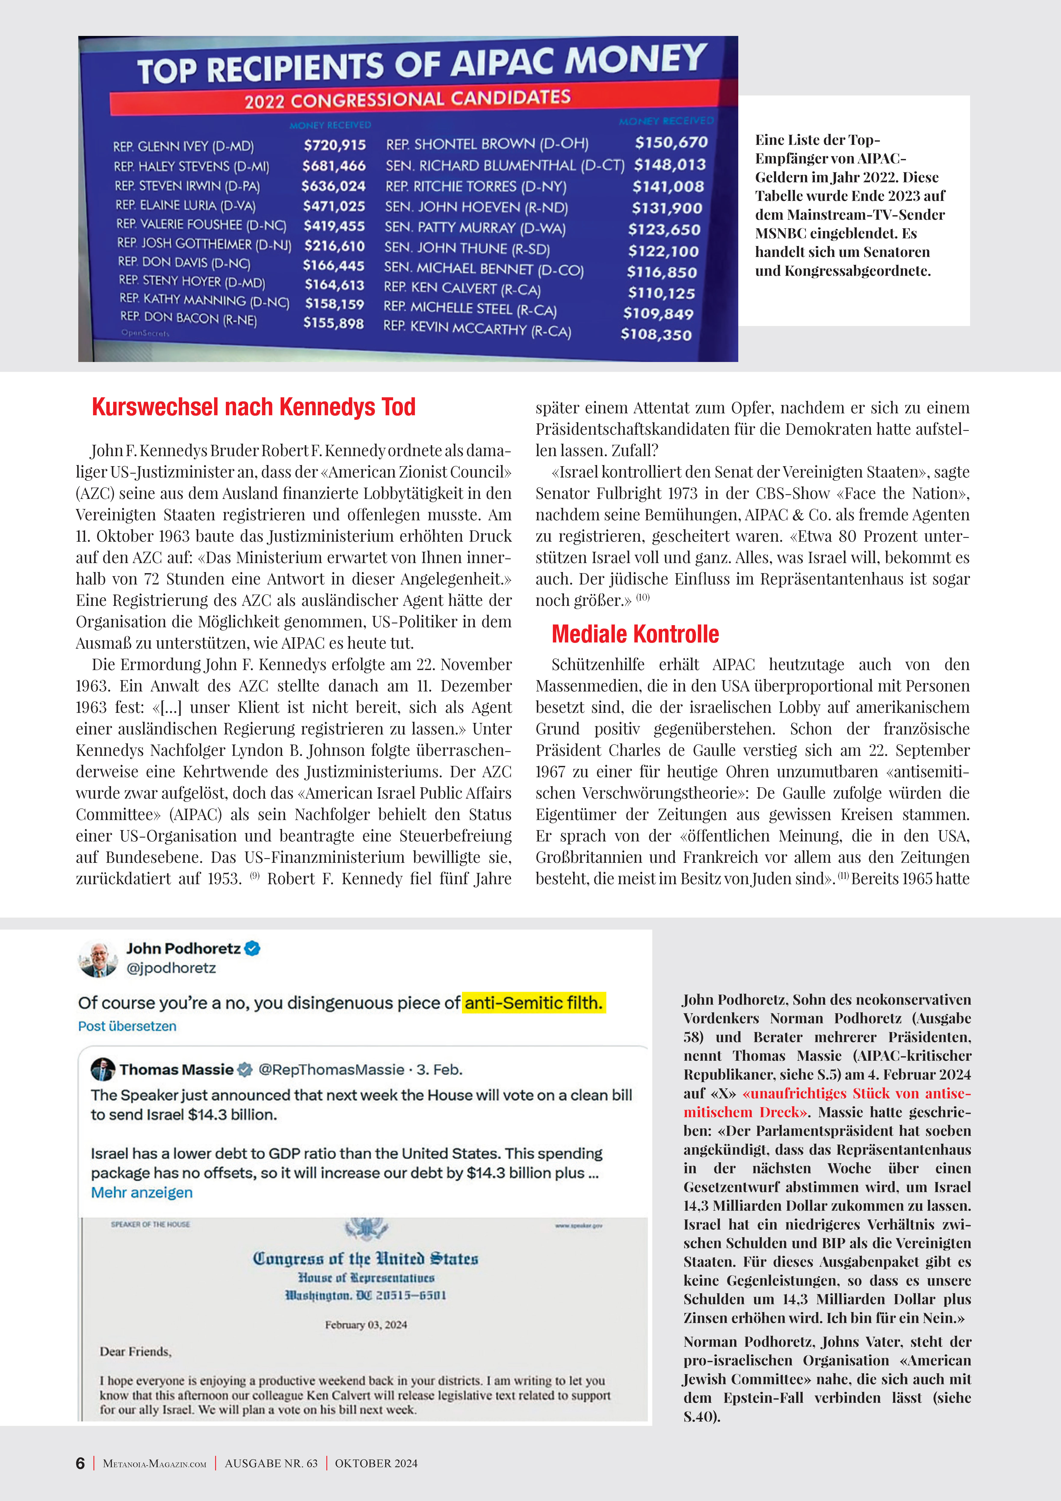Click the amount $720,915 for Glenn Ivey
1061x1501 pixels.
334,145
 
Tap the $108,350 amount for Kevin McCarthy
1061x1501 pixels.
656,335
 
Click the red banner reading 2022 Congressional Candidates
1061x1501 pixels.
407,99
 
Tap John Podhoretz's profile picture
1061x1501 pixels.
98,959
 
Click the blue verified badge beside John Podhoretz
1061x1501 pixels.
252,949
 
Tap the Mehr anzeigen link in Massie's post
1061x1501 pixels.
142,1192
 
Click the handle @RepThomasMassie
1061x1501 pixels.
331,1069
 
